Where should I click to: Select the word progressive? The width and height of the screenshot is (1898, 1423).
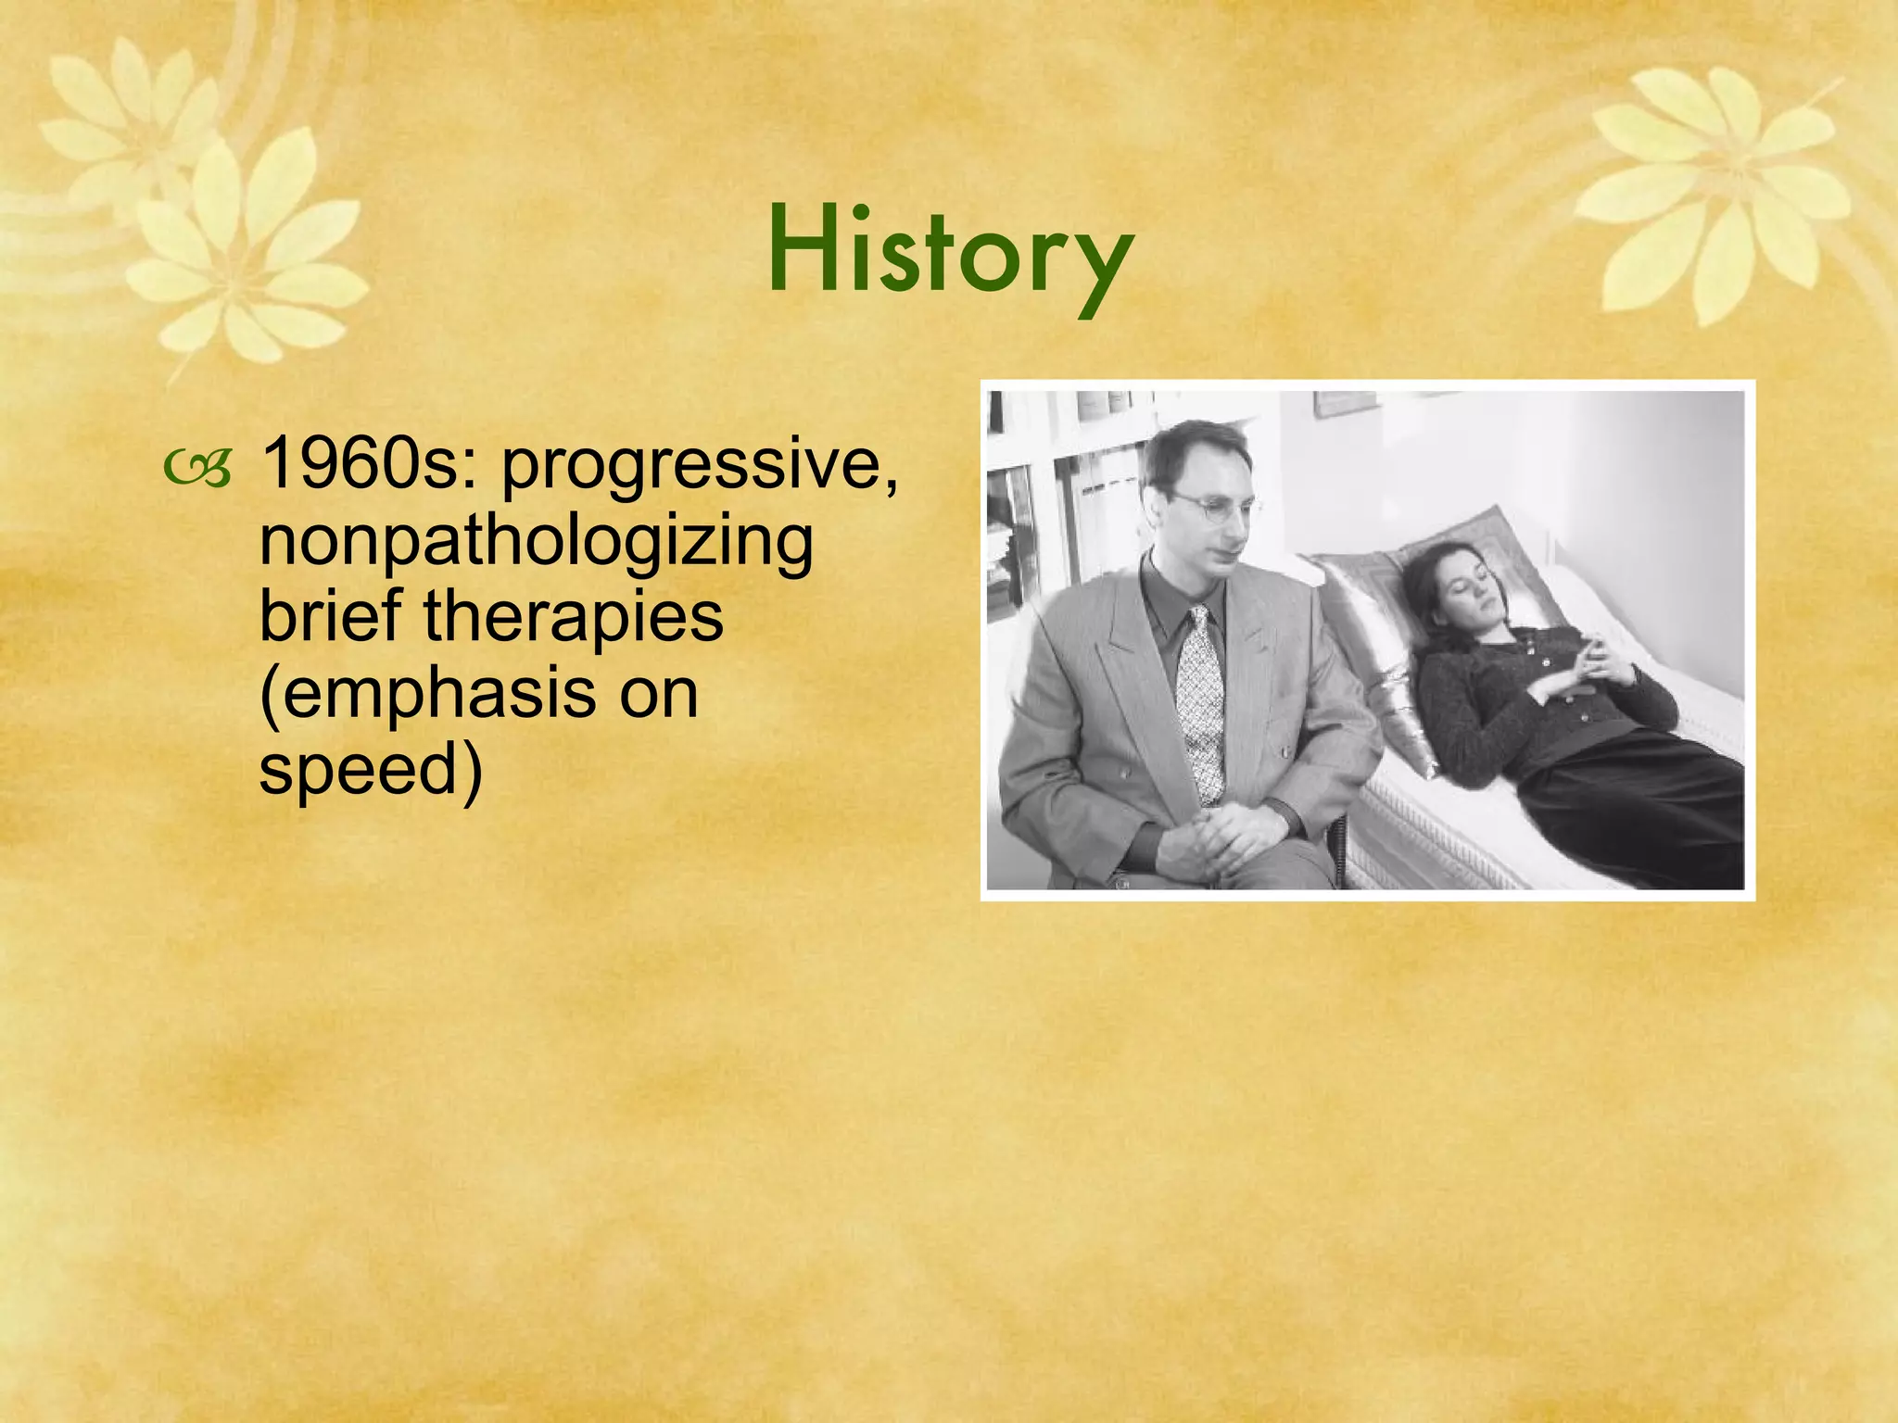click(x=700, y=468)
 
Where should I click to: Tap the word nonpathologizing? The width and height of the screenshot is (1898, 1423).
click(x=536, y=542)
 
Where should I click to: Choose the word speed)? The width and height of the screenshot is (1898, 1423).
click(x=371, y=771)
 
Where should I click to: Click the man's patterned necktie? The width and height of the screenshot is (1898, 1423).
click(x=1200, y=704)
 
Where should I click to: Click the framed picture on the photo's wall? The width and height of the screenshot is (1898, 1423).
click(x=1344, y=404)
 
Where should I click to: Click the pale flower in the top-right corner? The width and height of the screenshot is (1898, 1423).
click(x=1715, y=185)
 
